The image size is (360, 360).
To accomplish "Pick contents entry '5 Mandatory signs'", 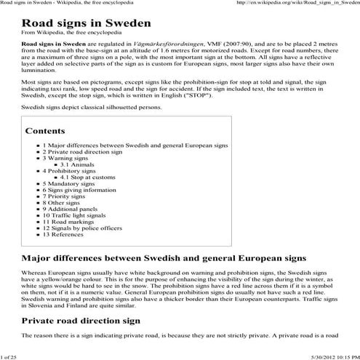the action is tap(71, 184).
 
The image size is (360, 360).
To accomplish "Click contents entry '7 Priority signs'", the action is tap(68, 196).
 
